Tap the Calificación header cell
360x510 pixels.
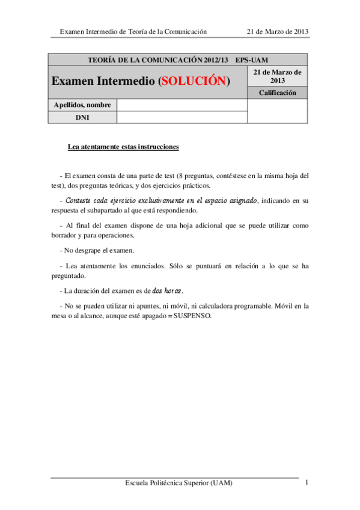(x=277, y=93)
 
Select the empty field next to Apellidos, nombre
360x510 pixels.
(x=182, y=105)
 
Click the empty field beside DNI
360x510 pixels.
(x=182, y=117)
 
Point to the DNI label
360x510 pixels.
(x=82, y=117)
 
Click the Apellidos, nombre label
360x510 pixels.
(x=82, y=105)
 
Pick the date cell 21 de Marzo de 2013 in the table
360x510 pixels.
(x=277, y=76)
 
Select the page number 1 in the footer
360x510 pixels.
(x=307, y=482)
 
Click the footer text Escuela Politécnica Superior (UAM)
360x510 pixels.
(x=178, y=483)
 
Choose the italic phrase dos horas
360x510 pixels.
(x=167, y=291)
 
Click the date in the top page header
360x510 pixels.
(x=278, y=31)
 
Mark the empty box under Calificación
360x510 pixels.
(x=277, y=111)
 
